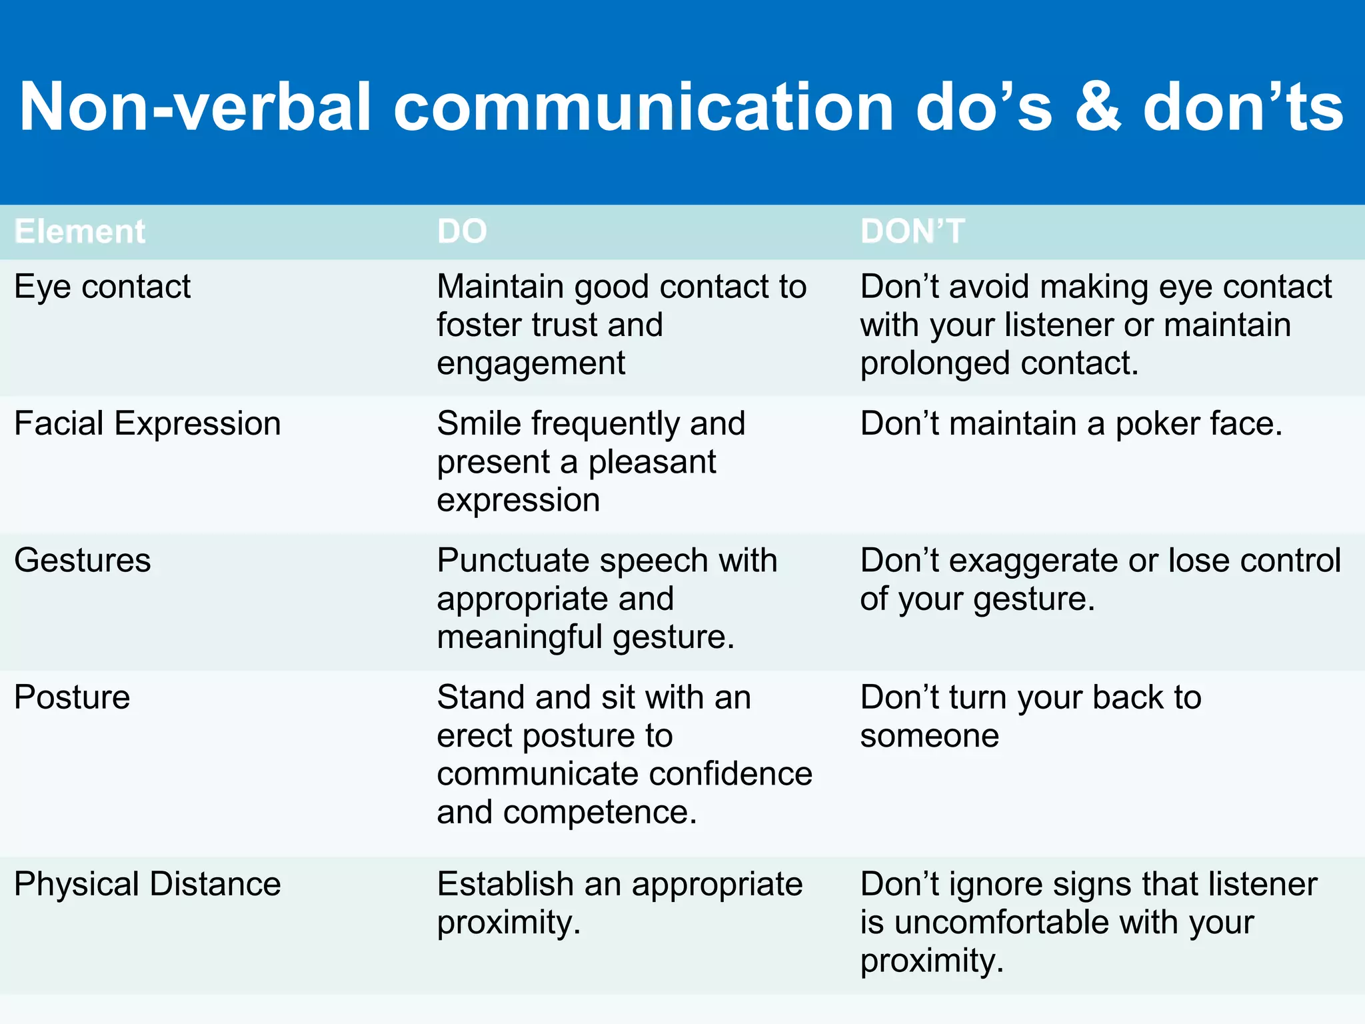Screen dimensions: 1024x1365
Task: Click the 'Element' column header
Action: pyautogui.click(x=79, y=231)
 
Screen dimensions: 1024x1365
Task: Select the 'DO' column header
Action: pyautogui.click(x=462, y=231)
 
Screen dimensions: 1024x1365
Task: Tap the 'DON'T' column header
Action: pyautogui.click(x=912, y=231)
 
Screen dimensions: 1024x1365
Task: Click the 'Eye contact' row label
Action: pyautogui.click(x=102, y=287)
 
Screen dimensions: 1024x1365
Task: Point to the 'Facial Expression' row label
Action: pyautogui.click(x=147, y=423)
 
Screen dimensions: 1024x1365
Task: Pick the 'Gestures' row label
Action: pyautogui.click(x=83, y=560)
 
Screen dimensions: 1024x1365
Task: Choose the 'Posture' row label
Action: pyautogui.click(x=72, y=697)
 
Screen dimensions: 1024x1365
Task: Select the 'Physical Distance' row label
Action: pyautogui.click(x=147, y=884)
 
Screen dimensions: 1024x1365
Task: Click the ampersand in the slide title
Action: pyautogui.click(x=1098, y=107)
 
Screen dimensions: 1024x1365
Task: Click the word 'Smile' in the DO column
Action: pyautogui.click(x=479, y=423)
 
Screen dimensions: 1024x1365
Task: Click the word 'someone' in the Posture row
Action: pyautogui.click(x=929, y=736)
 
